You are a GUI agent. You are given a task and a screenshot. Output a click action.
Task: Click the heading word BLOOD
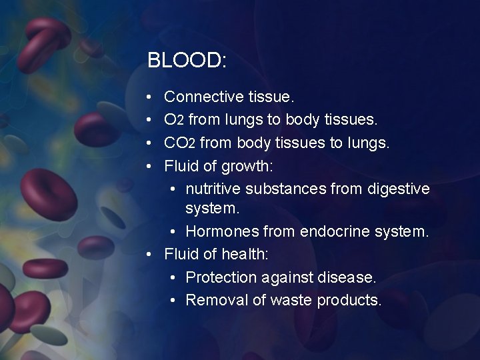[x=187, y=61]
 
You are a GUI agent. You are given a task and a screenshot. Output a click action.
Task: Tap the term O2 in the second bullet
[x=174, y=120]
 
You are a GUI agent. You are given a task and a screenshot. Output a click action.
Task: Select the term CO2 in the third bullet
[x=179, y=143]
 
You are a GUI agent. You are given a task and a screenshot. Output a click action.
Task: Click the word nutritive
[x=213, y=189]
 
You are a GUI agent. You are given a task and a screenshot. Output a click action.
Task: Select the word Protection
[x=221, y=277]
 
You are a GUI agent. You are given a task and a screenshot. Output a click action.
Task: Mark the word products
[x=349, y=300]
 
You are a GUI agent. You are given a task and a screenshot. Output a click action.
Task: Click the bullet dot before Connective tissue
[x=151, y=97]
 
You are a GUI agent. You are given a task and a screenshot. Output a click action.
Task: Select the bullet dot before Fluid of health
[x=151, y=255]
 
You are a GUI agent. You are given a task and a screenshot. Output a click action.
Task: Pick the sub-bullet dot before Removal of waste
[x=173, y=301]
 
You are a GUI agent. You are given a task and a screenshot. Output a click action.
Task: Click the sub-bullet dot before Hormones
[x=173, y=232]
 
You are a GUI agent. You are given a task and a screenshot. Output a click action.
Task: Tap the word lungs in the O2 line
[x=245, y=120]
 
